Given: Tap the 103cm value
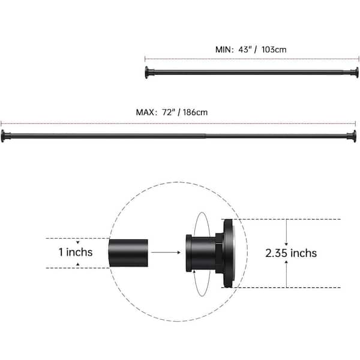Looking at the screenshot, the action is [274, 50].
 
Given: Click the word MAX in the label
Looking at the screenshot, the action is [145, 112].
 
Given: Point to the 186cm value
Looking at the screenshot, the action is [195, 112].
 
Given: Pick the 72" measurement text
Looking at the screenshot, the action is [169, 112].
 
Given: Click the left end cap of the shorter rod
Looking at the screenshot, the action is [148, 73].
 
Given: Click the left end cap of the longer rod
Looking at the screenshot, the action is [5, 136].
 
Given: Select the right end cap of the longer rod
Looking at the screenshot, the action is [352, 136].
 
